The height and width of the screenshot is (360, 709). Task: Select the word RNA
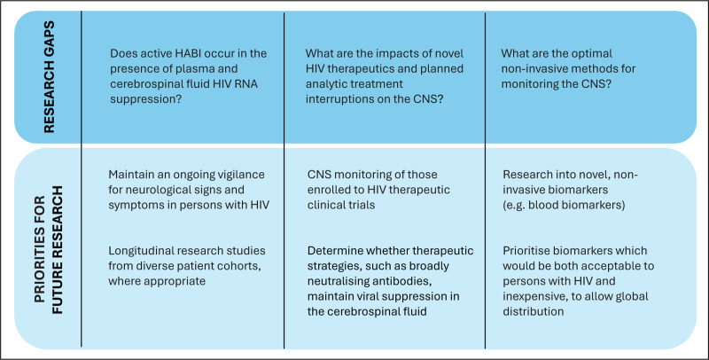tap(246, 83)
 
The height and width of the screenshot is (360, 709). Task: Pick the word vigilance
tap(239, 174)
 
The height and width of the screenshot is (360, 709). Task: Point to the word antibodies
tap(406, 281)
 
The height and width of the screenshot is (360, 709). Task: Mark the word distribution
tap(534, 311)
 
